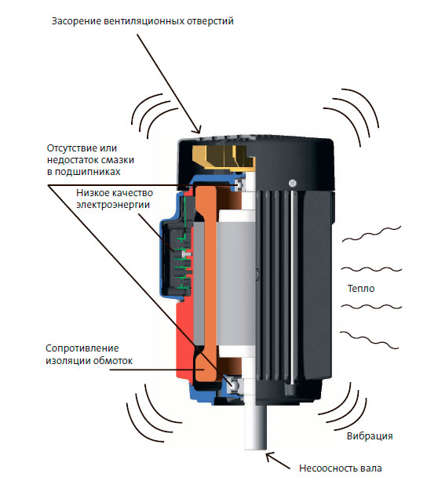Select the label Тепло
coord(361,288)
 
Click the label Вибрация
coord(370,436)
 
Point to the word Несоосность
coord(324,468)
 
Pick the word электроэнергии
coord(113,205)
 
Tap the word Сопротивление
coord(82,348)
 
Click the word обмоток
coord(113,360)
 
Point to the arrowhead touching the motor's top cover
coord(197,129)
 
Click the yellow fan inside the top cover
coord(224,157)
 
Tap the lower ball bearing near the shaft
coord(235,384)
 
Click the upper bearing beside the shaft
coord(239,184)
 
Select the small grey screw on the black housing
coord(293,183)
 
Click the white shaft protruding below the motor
coord(256,426)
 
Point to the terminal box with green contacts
coord(176,257)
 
